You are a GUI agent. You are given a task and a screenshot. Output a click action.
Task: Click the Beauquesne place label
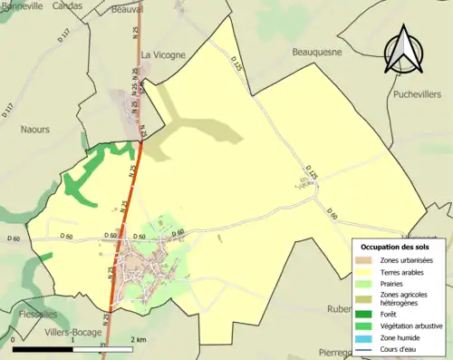316,53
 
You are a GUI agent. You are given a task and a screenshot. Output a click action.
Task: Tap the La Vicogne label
163,54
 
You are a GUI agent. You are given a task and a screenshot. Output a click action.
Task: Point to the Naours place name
35,130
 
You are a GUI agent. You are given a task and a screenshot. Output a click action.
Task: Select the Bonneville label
22,5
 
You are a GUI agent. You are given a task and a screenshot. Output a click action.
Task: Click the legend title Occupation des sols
399,246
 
